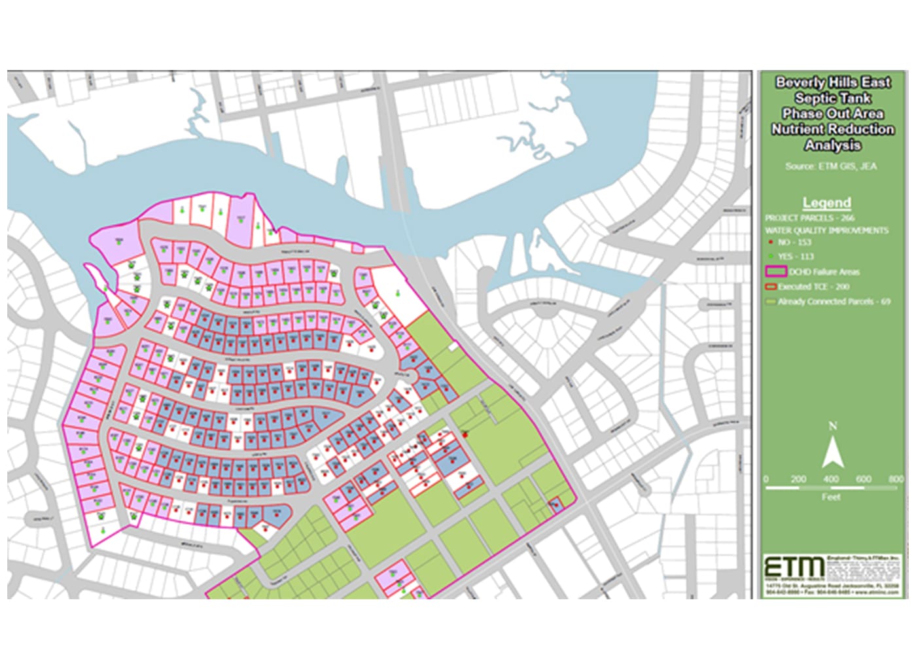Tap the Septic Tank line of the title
832,98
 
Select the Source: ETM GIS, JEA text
830,166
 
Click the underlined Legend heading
826,202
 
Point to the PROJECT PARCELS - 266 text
809,218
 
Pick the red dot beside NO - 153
772,243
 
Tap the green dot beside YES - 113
772,256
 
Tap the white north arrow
832,452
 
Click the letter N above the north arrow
832,426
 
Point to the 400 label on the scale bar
830,479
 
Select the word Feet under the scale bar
830,497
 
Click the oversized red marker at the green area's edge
465,433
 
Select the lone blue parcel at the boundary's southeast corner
555,504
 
